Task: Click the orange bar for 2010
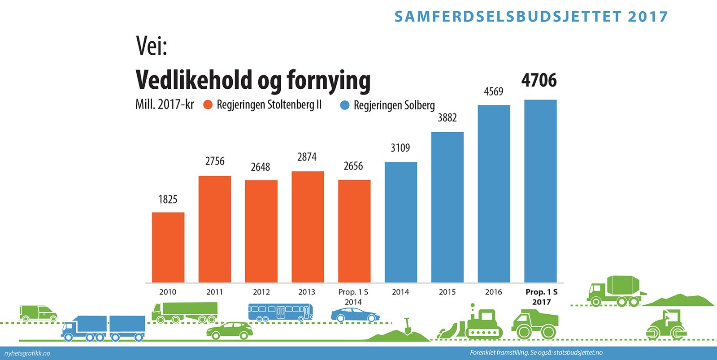(x=168, y=247)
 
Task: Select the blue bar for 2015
(x=448, y=207)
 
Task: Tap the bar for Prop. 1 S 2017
(x=540, y=191)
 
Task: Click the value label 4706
(x=539, y=81)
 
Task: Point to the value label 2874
(x=307, y=157)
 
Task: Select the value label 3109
(x=400, y=148)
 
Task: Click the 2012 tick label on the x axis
(x=261, y=292)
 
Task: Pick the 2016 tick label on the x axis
(x=493, y=292)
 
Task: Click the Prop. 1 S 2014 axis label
(x=353, y=297)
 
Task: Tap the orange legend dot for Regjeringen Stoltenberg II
(x=208, y=105)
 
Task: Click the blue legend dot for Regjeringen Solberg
(x=345, y=105)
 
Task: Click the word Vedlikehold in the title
(x=194, y=80)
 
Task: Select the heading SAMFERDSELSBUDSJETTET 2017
(x=531, y=17)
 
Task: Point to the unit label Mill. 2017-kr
(x=165, y=104)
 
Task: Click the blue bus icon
(x=280, y=312)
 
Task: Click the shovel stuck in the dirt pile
(x=407, y=326)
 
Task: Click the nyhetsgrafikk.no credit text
(x=27, y=353)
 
